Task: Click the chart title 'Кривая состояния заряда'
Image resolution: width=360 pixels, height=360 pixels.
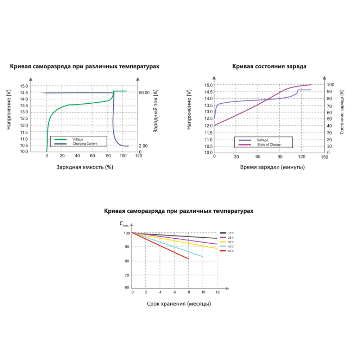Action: coord(269,66)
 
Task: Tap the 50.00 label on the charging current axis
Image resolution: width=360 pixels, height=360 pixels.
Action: coord(144,93)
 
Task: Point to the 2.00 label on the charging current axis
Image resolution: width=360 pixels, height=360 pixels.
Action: coord(144,146)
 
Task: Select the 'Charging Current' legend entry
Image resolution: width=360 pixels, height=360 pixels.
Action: coord(85,144)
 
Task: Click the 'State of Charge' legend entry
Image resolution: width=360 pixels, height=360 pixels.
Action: coord(269,144)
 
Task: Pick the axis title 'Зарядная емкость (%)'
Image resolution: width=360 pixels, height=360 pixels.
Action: coord(85,167)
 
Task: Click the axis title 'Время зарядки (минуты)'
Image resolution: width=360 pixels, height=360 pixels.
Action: coord(272,167)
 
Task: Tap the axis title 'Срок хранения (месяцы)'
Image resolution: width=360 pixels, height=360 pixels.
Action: coord(179,303)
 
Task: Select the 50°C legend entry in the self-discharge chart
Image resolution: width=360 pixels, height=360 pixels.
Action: coord(231,251)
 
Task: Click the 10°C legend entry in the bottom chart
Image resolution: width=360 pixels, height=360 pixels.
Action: coord(231,233)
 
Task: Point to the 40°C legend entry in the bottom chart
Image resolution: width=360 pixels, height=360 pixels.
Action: coord(231,246)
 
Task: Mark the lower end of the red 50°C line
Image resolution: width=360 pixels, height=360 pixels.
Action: coord(188,258)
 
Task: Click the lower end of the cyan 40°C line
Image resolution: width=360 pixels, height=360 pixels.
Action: coord(203,256)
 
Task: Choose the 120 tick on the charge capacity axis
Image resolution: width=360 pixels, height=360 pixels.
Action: coord(139,156)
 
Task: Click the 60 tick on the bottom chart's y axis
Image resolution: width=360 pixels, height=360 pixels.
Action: coord(127,287)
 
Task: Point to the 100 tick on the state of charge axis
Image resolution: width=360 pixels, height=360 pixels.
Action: coord(330,85)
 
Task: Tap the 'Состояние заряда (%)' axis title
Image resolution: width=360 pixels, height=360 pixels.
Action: coord(342,112)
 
